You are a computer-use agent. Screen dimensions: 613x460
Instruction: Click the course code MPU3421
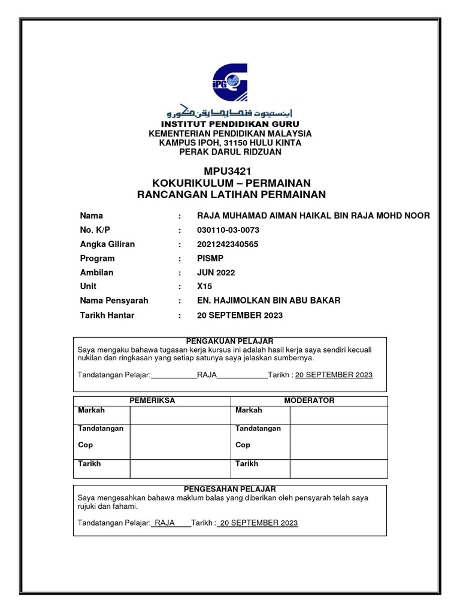pos(231,171)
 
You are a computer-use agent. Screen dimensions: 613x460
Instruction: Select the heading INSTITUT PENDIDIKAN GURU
pos(230,124)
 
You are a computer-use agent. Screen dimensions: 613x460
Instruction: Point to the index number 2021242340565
pos(228,244)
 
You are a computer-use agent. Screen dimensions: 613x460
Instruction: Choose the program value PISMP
pos(209,259)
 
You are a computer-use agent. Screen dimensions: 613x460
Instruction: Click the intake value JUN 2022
pos(216,272)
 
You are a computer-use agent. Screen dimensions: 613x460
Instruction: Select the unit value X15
pos(204,287)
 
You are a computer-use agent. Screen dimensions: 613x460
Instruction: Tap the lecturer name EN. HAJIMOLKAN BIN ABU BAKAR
pos(268,301)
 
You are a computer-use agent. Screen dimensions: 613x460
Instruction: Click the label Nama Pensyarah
pos(114,301)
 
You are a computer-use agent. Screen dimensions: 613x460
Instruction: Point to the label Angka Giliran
pos(107,244)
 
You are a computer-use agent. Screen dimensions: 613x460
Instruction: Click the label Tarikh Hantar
pos(107,315)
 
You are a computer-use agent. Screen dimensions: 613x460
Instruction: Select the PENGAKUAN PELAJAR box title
pos(230,341)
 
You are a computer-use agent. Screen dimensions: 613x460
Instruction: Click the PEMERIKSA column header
pos(153,400)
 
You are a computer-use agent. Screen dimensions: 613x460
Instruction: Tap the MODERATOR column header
pos(309,400)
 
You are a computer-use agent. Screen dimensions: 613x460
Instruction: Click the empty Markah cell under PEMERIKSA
pos(180,415)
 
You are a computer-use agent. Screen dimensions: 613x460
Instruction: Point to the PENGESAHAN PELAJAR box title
pos(230,489)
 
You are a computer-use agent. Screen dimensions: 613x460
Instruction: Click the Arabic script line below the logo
pos(229,113)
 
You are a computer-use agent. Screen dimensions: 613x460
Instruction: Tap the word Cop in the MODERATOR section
pos(243,445)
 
